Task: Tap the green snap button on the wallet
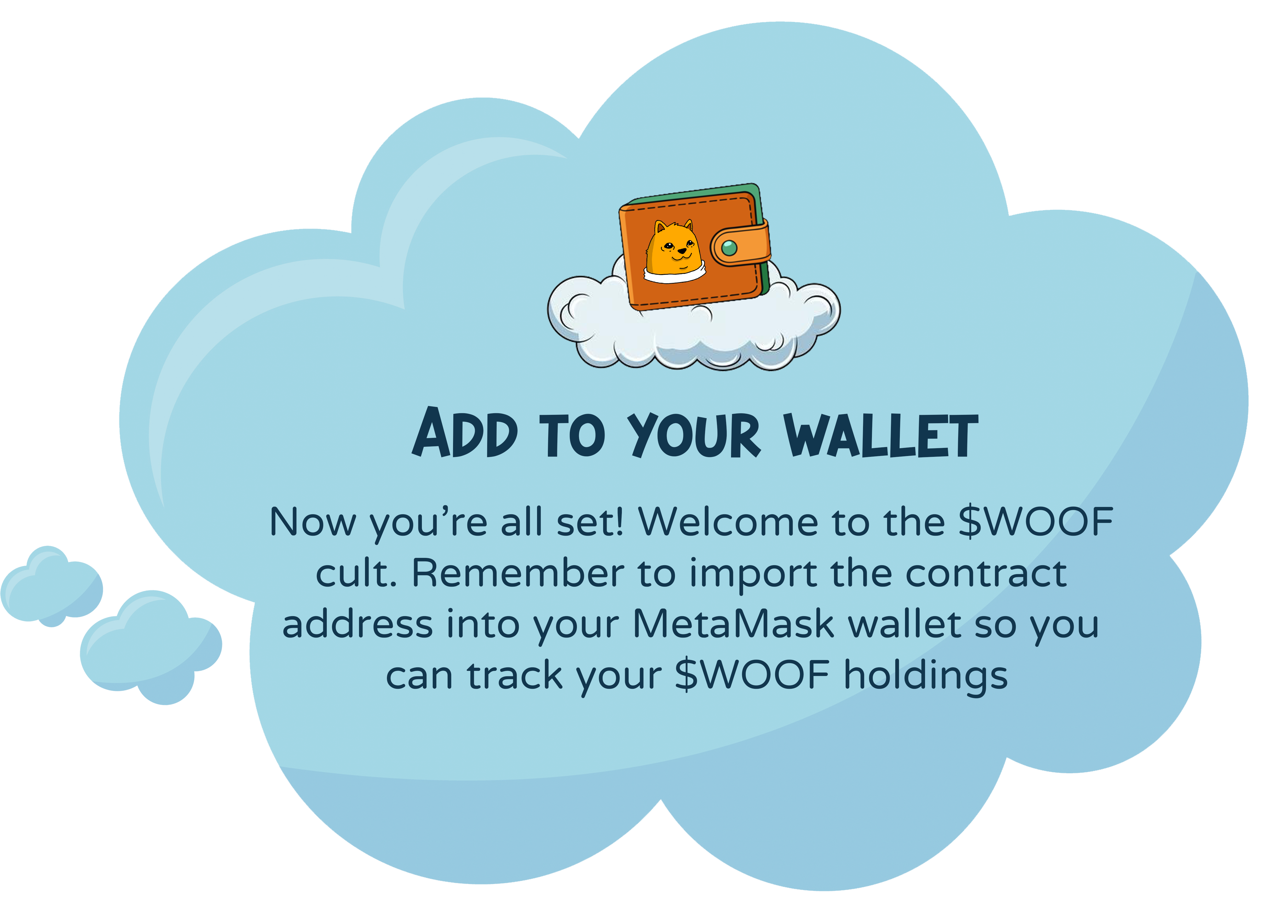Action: pyautogui.click(x=729, y=248)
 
